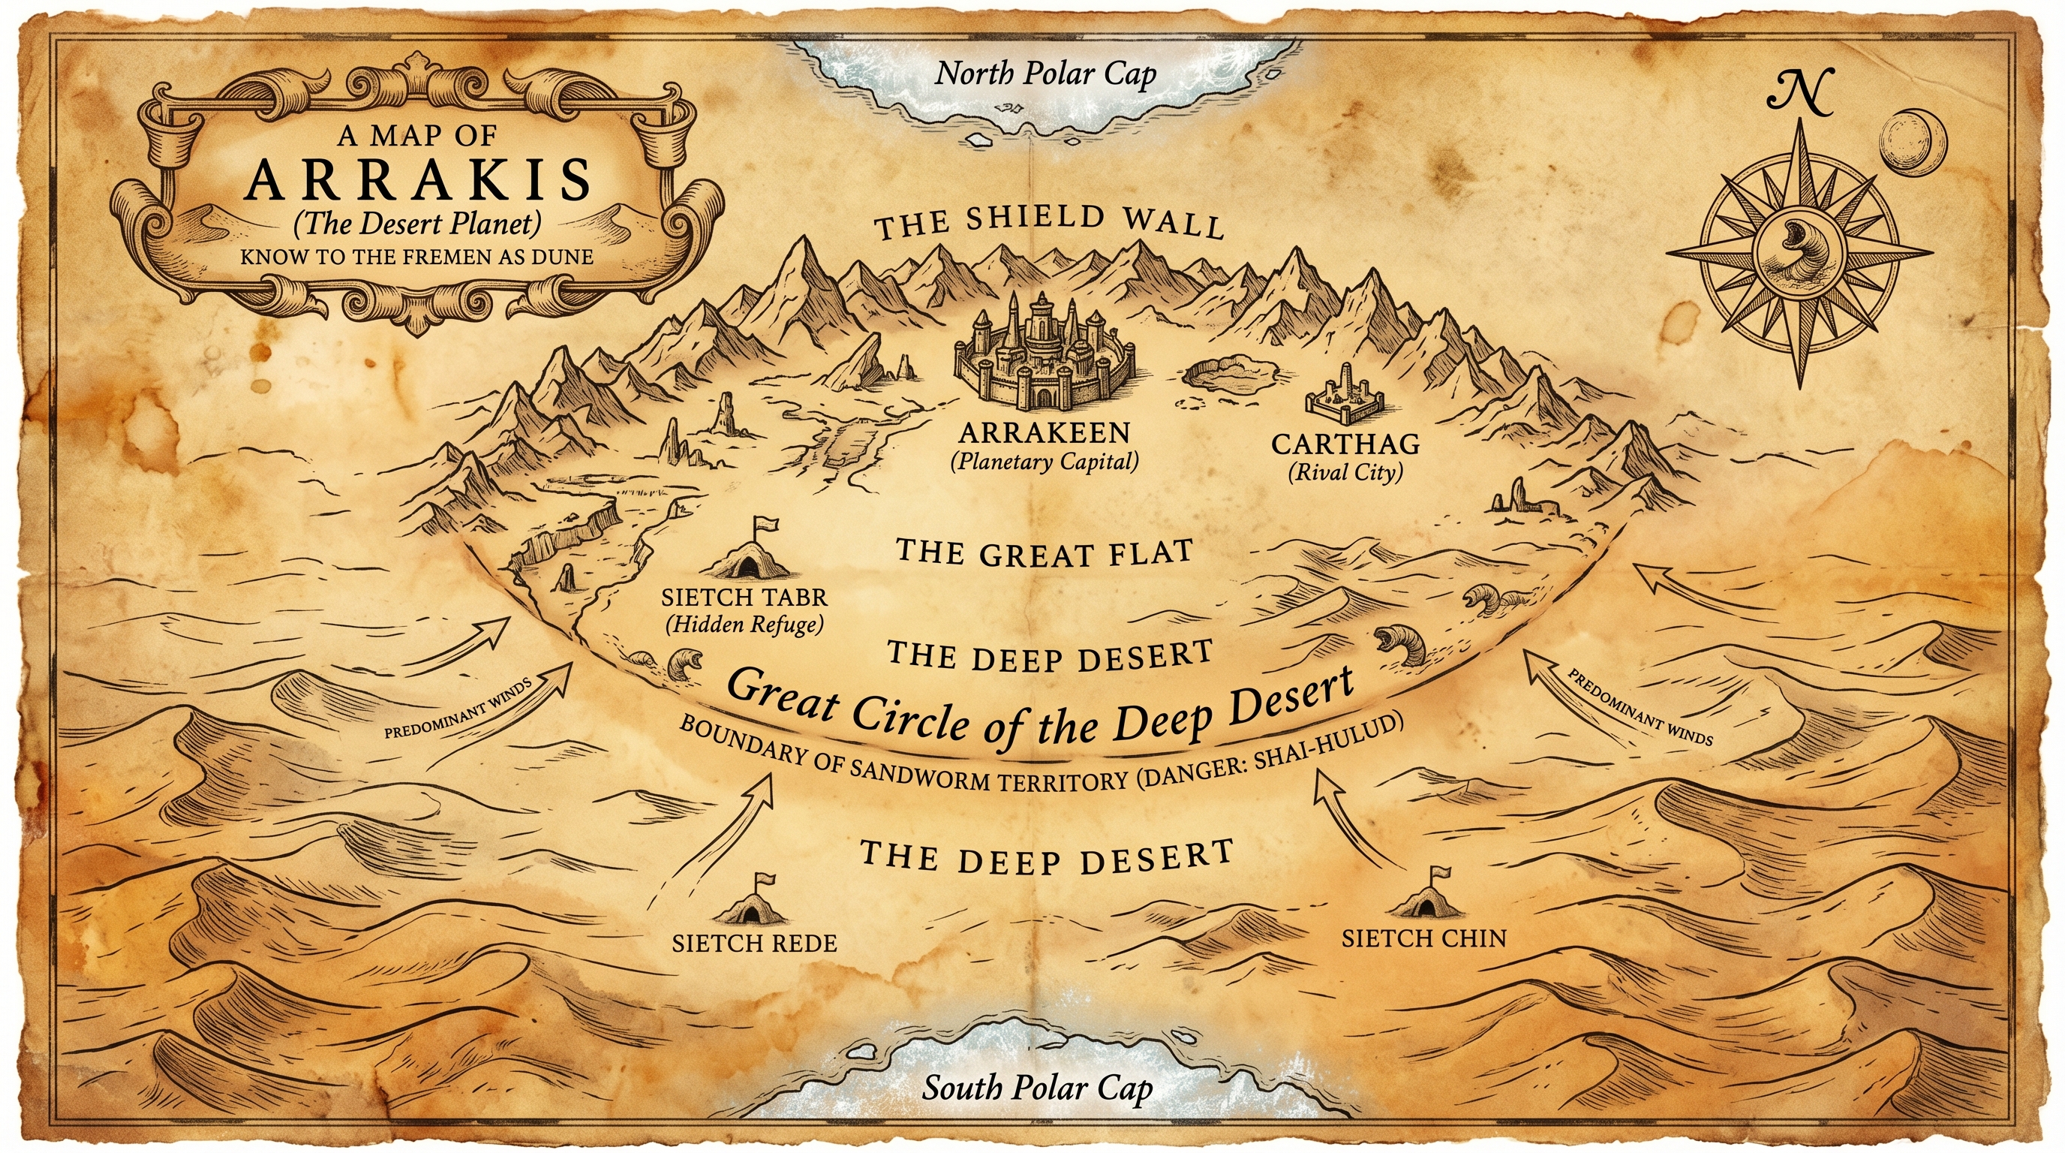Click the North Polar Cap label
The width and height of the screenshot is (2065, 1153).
coord(1045,74)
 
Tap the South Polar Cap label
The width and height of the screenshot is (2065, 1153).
coord(1036,1088)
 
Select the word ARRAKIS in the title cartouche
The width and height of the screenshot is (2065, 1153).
coord(418,180)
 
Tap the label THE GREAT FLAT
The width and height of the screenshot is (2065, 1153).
coord(1044,553)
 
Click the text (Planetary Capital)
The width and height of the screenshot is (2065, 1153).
coord(1044,462)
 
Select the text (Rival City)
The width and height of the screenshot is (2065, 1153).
coord(1345,472)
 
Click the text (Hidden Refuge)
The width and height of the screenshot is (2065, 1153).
coord(744,625)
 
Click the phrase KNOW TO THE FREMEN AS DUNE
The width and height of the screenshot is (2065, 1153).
coord(417,257)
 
